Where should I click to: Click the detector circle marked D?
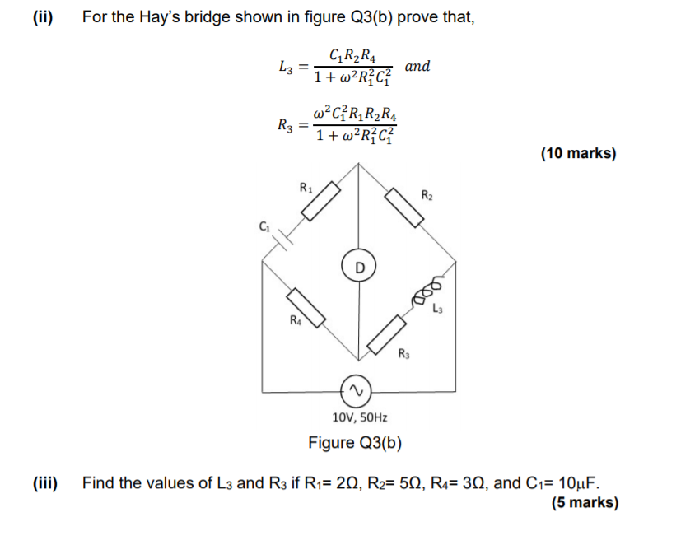point(358,267)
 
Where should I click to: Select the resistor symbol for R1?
point(320,201)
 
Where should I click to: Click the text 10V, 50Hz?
point(359,418)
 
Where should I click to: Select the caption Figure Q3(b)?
point(355,443)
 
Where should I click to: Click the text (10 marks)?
point(578,153)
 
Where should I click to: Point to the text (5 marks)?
point(585,503)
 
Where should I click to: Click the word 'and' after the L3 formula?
point(417,66)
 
